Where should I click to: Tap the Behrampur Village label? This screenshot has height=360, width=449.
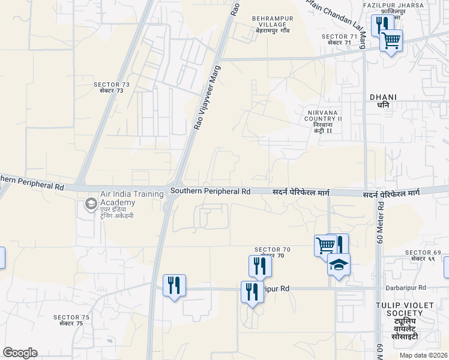tap(273, 24)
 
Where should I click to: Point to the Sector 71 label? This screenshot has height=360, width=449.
tap(340, 40)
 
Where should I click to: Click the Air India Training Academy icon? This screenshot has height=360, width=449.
tap(91, 203)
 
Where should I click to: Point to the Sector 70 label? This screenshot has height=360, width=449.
tap(273, 252)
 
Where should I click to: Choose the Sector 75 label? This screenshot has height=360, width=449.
tap(71, 320)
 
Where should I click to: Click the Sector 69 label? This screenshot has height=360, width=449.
tap(423, 255)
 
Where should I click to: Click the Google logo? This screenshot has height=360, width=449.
tap(20, 353)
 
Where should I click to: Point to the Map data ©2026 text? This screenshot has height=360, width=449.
tap(424, 355)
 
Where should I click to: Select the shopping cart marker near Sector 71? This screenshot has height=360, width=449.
tap(391, 41)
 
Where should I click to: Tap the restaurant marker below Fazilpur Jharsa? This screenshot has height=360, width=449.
tap(380, 25)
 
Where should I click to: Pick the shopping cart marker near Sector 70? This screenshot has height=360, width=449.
tap(324, 244)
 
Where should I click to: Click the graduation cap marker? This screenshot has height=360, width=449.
tap(339, 265)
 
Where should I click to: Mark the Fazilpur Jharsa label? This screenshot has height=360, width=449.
tap(393, 8)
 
